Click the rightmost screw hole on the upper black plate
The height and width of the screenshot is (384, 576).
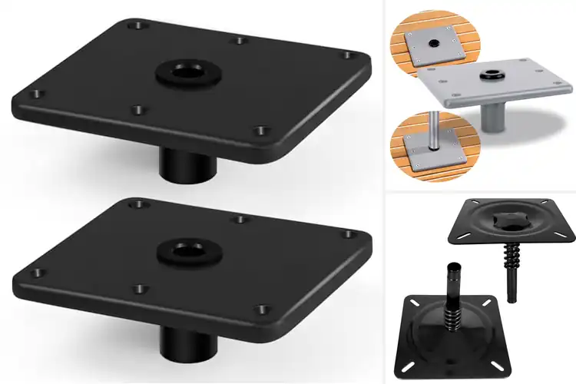tap(348, 55)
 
